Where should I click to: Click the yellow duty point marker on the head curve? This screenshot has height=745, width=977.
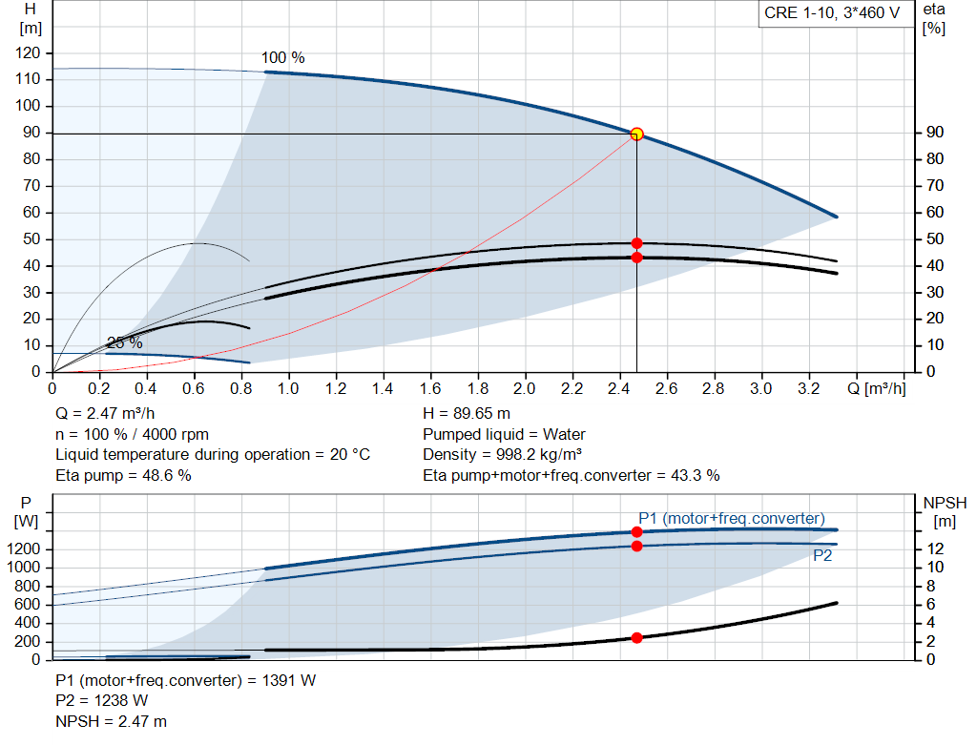[636, 135]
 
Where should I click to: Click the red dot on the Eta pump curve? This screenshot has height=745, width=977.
[636, 243]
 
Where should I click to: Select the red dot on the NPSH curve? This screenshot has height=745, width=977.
[636, 637]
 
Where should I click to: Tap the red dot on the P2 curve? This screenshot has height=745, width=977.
[636, 546]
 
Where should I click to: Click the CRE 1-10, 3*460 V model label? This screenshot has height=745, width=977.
[832, 13]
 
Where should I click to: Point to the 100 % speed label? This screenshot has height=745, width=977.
[283, 58]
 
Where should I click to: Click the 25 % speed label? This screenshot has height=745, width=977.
[124, 342]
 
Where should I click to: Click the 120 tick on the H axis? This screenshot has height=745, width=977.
[28, 52]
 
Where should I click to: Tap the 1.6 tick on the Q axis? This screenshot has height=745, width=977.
[430, 389]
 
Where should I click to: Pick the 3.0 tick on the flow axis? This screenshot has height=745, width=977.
[760, 389]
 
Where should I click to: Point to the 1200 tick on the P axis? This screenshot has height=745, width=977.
[26, 548]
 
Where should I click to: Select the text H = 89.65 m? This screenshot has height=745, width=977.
[467, 414]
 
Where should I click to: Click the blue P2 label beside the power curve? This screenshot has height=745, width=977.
[822, 555]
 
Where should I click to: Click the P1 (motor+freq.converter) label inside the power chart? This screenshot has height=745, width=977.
[732, 518]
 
